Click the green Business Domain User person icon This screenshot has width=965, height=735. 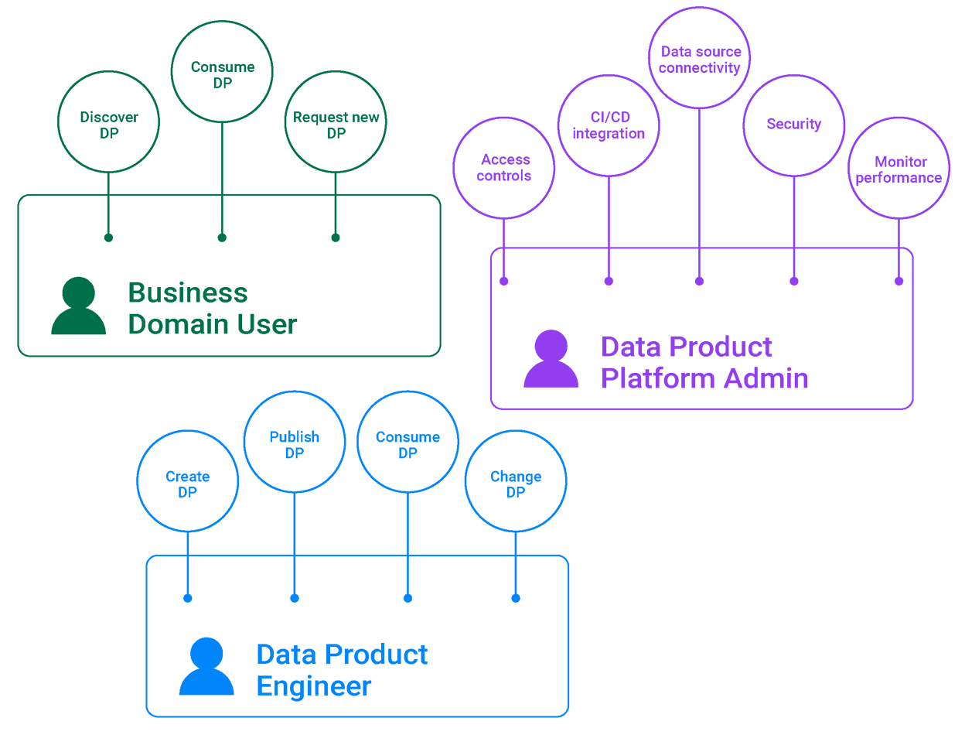79,306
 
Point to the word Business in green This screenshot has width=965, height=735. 188,293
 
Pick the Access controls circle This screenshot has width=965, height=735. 504,168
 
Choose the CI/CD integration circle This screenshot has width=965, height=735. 609,125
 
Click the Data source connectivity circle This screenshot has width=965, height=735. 699,59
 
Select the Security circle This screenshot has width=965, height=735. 794,125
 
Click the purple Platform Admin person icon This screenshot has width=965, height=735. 551,359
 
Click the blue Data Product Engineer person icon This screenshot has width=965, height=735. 206,667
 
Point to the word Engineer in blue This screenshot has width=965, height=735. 314,686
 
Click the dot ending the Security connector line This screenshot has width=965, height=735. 794,281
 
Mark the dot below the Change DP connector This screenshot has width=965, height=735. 516,598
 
